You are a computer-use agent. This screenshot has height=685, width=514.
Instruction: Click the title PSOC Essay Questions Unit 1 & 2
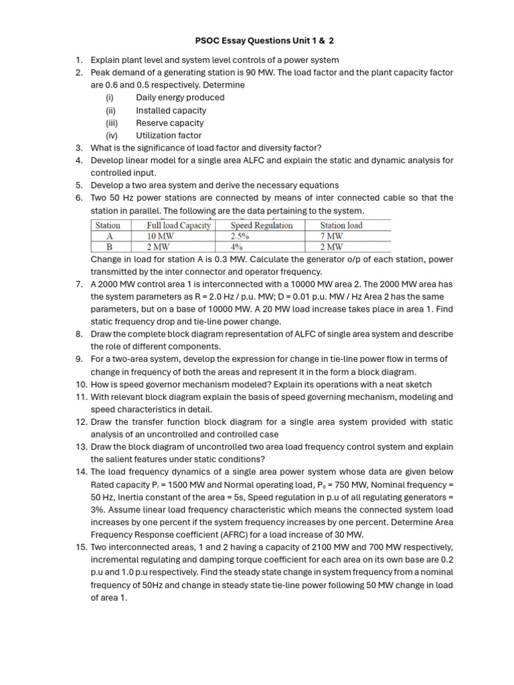256,41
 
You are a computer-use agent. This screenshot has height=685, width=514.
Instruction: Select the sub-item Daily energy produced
180,97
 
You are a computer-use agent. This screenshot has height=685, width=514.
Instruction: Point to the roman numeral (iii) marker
111,122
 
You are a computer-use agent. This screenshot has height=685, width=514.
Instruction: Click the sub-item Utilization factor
169,135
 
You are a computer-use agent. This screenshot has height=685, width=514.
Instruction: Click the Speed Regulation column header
262,225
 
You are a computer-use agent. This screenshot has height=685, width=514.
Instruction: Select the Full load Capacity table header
179,225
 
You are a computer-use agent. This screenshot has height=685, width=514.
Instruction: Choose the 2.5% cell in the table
240,236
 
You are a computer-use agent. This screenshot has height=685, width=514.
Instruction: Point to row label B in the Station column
108,247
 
